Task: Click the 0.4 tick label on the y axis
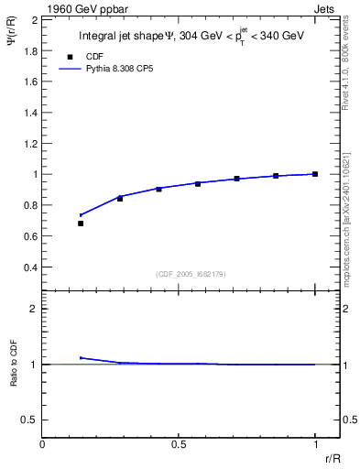[x=31, y=267]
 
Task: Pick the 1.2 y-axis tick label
[x=31, y=143]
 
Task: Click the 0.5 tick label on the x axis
[x=179, y=445]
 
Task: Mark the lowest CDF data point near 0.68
[x=81, y=223]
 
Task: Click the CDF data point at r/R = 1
[x=315, y=174]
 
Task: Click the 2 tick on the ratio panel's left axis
[x=33, y=309]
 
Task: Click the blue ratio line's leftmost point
[x=81, y=357]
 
